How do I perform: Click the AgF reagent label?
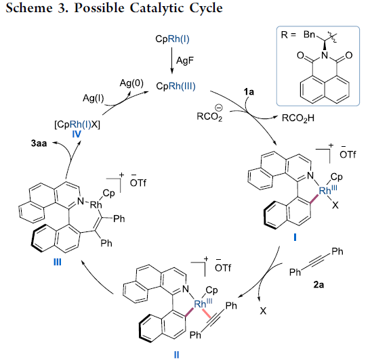click(x=185, y=61)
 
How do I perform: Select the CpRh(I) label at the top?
click(x=172, y=39)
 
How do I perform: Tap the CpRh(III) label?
click(x=175, y=86)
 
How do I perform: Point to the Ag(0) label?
click(x=131, y=83)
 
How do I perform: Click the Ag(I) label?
click(x=94, y=98)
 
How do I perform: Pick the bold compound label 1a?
click(x=249, y=92)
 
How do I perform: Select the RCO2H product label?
click(x=298, y=118)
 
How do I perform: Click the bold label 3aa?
click(x=39, y=143)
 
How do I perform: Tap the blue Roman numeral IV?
click(x=77, y=135)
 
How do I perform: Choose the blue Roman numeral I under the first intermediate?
click(x=295, y=237)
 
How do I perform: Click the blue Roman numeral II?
click(x=176, y=355)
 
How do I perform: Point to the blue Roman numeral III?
click(x=58, y=262)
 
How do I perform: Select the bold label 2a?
click(x=318, y=284)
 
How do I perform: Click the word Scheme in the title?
click(x=28, y=8)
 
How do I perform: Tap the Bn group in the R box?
click(x=309, y=35)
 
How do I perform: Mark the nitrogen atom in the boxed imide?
click(x=325, y=55)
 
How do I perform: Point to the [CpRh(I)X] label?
click(x=77, y=125)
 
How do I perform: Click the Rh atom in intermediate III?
click(x=96, y=205)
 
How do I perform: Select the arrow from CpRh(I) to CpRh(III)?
click(x=172, y=60)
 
